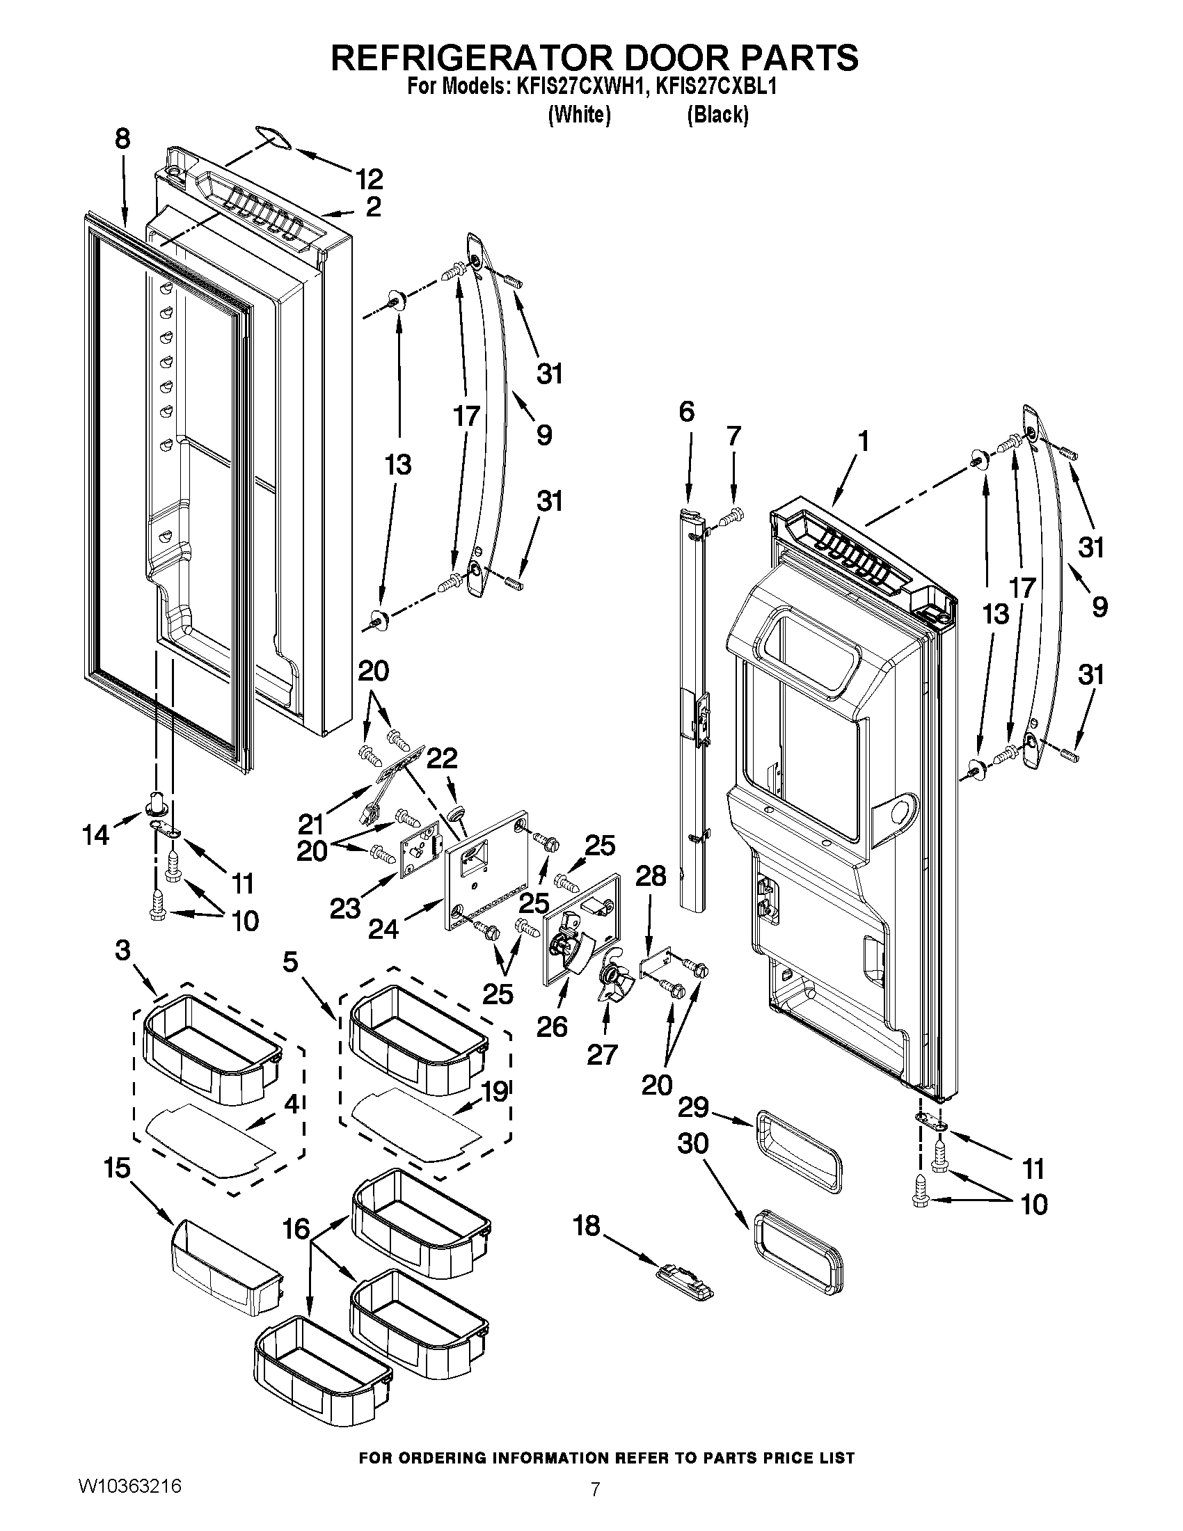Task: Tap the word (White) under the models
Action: [579, 114]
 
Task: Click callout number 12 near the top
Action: [370, 179]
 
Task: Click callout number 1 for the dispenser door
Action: [864, 441]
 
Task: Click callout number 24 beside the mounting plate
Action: [383, 930]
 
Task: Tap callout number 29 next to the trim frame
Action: [693, 1109]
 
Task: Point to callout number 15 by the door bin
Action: [117, 1168]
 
